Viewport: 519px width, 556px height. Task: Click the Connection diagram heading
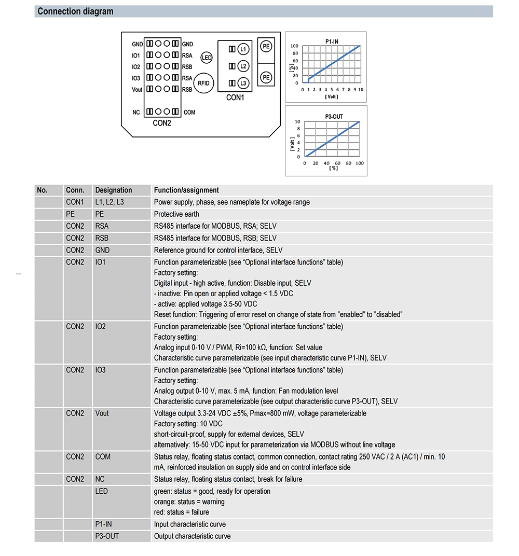click(75, 11)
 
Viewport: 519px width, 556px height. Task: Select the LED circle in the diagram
click(207, 58)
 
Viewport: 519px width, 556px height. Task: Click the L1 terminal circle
click(243, 49)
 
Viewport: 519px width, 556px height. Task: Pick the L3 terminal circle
click(243, 83)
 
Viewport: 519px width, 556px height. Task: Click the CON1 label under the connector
click(235, 97)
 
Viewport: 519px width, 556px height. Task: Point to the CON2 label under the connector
click(162, 123)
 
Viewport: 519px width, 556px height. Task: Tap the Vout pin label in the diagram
click(136, 90)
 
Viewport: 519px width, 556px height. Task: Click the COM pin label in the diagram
click(189, 112)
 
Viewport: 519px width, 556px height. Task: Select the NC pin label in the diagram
click(136, 112)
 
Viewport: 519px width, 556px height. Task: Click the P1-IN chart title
click(333, 40)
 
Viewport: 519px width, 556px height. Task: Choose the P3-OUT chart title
click(334, 117)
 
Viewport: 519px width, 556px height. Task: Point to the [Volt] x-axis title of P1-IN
click(331, 96)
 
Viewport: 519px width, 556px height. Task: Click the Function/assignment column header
click(186, 190)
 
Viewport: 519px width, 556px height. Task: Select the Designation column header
click(114, 190)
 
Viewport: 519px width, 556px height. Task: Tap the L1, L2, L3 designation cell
click(110, 202)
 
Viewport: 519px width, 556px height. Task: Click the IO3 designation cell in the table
click(100, 370)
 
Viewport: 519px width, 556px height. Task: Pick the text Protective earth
click(176, 214)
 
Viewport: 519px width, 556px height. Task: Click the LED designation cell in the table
click(102, 491)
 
